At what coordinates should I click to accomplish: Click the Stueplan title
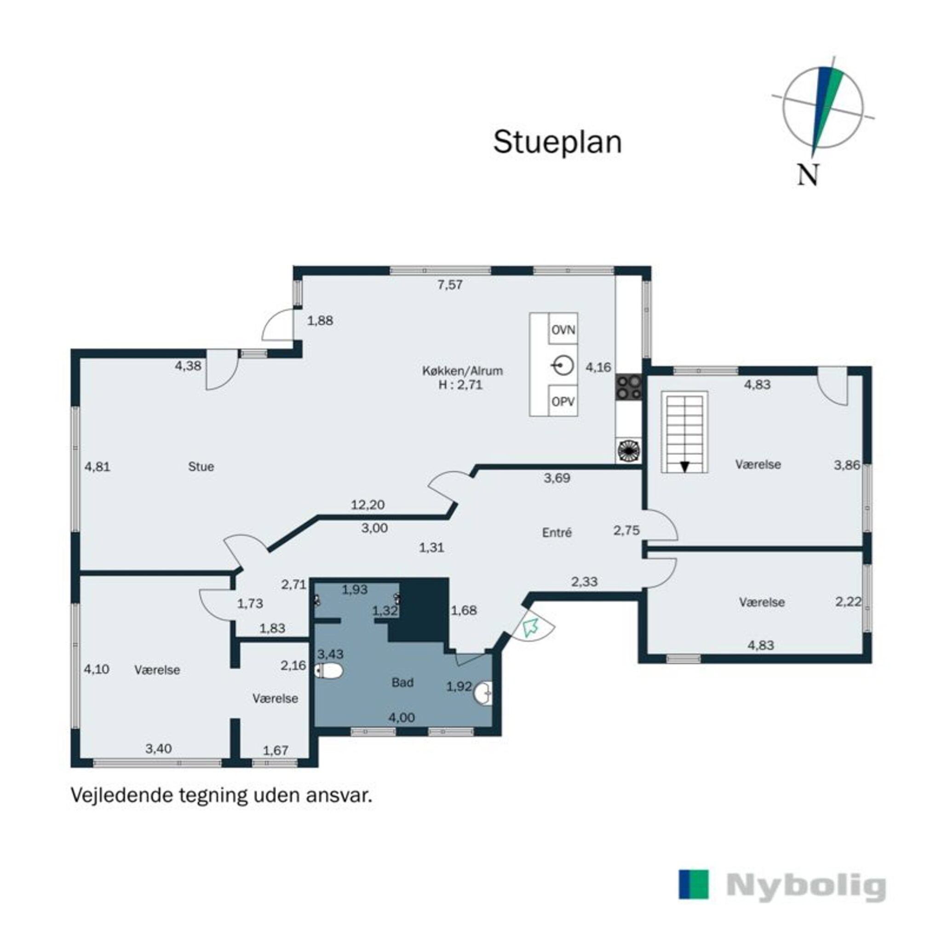tap(557, 143)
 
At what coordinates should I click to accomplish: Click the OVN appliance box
tap(563, 330)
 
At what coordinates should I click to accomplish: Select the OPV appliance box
tap(563, 402)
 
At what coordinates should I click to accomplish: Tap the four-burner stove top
tap(628, 387)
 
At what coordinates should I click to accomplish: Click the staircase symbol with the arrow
tap(684, 431)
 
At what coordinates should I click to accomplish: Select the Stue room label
tap(201, 466)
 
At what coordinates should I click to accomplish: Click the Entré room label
tap(557, 533)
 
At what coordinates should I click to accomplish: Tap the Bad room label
tap(403, 683)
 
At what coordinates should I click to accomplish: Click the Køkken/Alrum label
tap(462, 371)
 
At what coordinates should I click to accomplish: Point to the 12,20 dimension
tap(368, 505)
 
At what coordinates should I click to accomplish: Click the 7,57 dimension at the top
tap(449, 285)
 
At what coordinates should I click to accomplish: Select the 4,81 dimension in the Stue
tap(98, 466)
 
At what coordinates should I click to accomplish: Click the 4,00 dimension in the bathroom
tap(402, 718)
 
